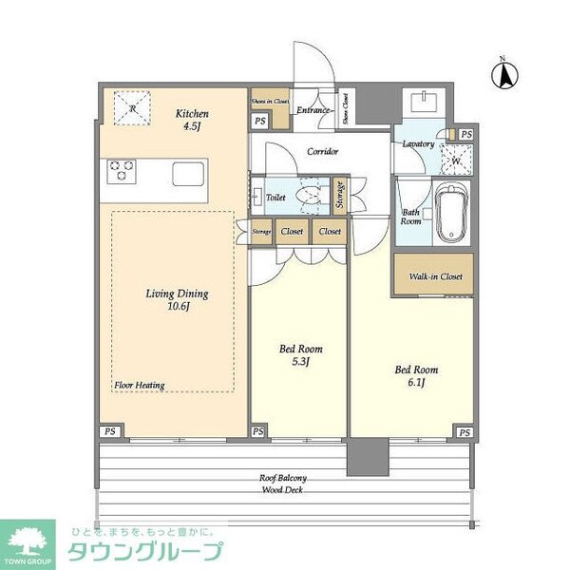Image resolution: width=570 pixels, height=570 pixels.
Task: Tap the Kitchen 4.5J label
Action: pos(192,122)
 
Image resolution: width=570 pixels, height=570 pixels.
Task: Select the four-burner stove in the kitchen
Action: pos(123,172)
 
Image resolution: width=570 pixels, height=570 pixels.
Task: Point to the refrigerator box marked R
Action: pos(132,108)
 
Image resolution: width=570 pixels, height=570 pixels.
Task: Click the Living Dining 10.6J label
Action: pos(177,300)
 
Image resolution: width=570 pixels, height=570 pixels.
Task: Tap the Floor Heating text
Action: pos(140,385)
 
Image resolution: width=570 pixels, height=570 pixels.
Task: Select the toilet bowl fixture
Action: pos(309,196)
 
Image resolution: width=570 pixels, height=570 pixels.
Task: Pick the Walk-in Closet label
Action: pos(435,276)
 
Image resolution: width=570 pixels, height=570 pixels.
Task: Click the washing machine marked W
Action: pos(456,160)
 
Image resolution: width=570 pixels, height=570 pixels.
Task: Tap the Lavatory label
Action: pos(418,144)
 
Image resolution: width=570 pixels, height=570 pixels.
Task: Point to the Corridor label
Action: pos(323,152)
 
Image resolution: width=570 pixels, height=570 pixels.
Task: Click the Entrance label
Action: pos(313,110)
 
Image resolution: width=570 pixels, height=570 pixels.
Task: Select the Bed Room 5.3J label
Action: pos(299,355)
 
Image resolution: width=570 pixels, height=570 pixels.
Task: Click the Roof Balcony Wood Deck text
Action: pos(283,484)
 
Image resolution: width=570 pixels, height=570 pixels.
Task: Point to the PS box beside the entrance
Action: pos(260,121)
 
